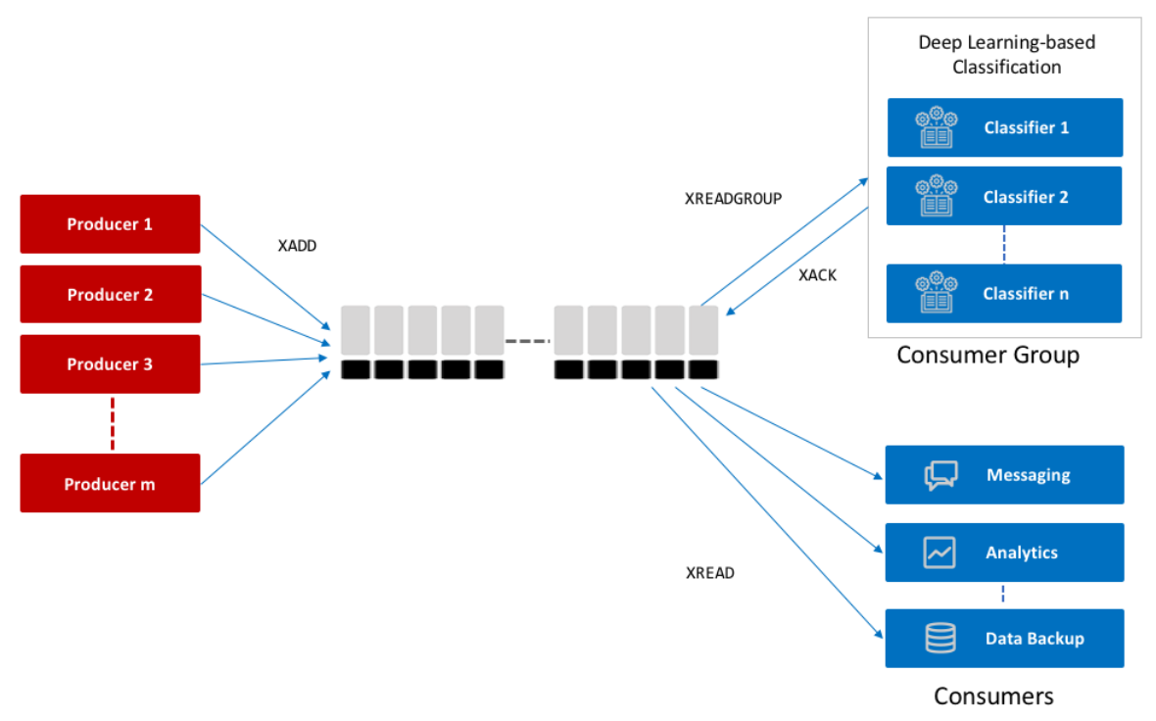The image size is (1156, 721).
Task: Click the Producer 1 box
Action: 110,224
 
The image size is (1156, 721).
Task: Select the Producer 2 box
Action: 110,294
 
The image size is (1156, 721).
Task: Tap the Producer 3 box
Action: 110,364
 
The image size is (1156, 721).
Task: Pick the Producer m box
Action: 110,483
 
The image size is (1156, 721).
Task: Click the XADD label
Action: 298,246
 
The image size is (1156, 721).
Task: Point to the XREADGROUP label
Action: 733,198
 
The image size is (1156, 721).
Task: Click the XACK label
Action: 818,275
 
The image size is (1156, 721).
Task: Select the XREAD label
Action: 710,573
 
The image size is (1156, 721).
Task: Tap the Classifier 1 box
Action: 1004,127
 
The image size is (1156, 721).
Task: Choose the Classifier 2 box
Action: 1004,197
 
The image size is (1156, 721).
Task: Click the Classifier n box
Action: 1004,294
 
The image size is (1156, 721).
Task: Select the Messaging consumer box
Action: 1004,475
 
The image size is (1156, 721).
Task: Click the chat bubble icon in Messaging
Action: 940,475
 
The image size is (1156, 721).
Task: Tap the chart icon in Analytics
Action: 939,553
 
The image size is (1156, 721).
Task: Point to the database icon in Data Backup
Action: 940,639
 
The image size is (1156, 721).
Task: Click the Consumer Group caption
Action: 987,355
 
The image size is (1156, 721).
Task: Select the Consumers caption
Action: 993,696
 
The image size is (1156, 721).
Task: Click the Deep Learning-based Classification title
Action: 1006,55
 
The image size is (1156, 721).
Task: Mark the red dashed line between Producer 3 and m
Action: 112,423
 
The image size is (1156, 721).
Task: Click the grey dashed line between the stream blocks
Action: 528,341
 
